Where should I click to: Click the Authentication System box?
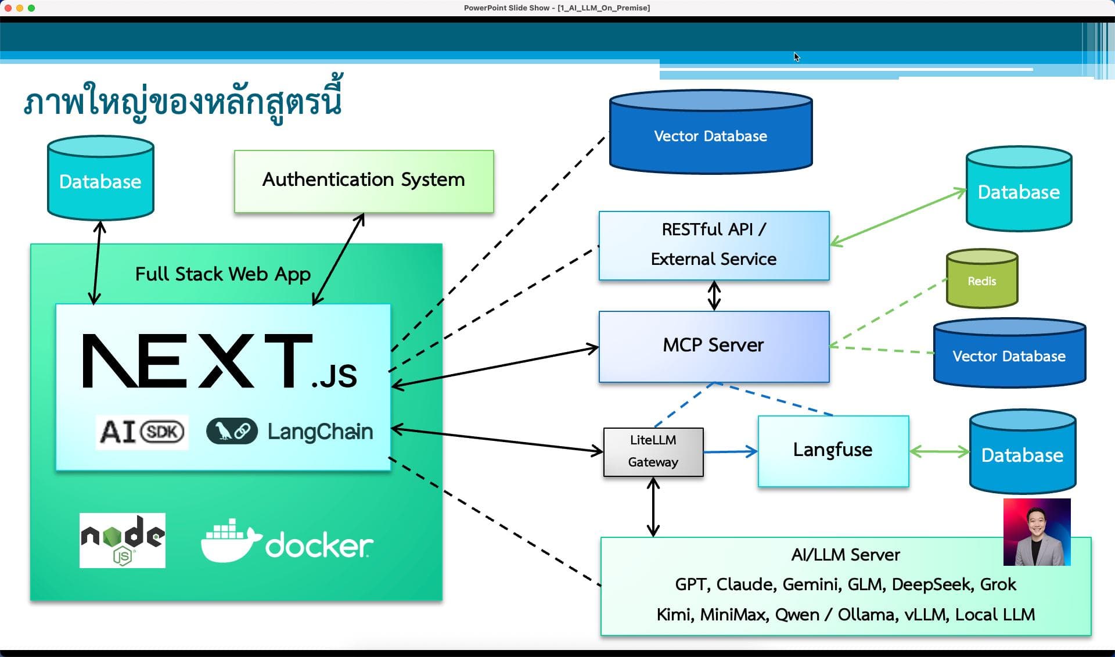(364, 181)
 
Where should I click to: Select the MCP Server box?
(714, 346)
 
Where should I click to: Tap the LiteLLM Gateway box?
(653, 451)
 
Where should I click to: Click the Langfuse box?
(833, 450)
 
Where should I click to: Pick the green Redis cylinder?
(981, 281)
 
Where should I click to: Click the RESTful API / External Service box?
(714, 245)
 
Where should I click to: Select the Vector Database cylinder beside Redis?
(1009, 355)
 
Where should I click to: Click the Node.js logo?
(123, 540)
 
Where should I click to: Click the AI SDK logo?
(142, 432)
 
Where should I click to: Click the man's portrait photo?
(1037, 532)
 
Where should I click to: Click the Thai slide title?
(183, 102)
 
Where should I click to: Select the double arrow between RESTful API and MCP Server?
(714, 295)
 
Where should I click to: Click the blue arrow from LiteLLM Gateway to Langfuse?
(730, 451)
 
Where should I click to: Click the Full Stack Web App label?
(223, 274)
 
